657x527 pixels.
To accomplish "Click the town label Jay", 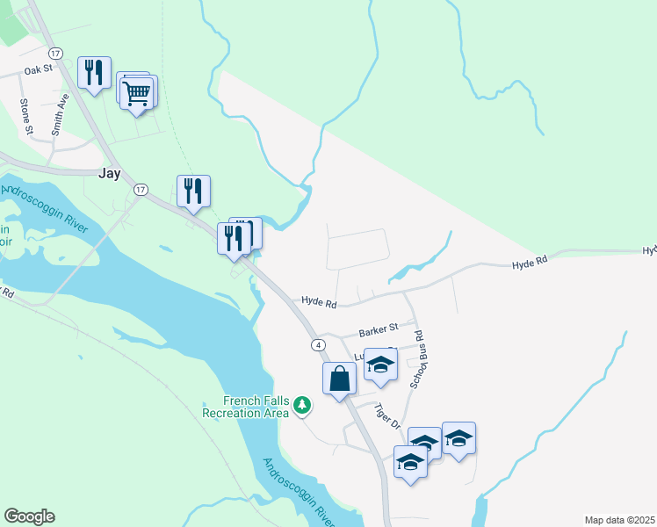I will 109,173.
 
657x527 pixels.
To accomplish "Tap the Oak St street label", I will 40,69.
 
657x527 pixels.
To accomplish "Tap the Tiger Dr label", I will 387,415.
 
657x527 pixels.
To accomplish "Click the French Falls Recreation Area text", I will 245,407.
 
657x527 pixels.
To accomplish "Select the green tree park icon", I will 302,405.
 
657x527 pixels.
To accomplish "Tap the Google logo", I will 29,516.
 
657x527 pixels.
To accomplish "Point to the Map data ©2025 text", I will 618,520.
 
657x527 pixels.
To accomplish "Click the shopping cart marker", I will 137,92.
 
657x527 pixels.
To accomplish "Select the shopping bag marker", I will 339,380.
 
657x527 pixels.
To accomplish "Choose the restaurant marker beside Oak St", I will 94,74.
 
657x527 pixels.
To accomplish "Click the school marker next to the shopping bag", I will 380,365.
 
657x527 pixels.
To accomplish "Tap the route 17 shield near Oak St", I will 55,54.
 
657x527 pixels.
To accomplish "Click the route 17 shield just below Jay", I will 140,190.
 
